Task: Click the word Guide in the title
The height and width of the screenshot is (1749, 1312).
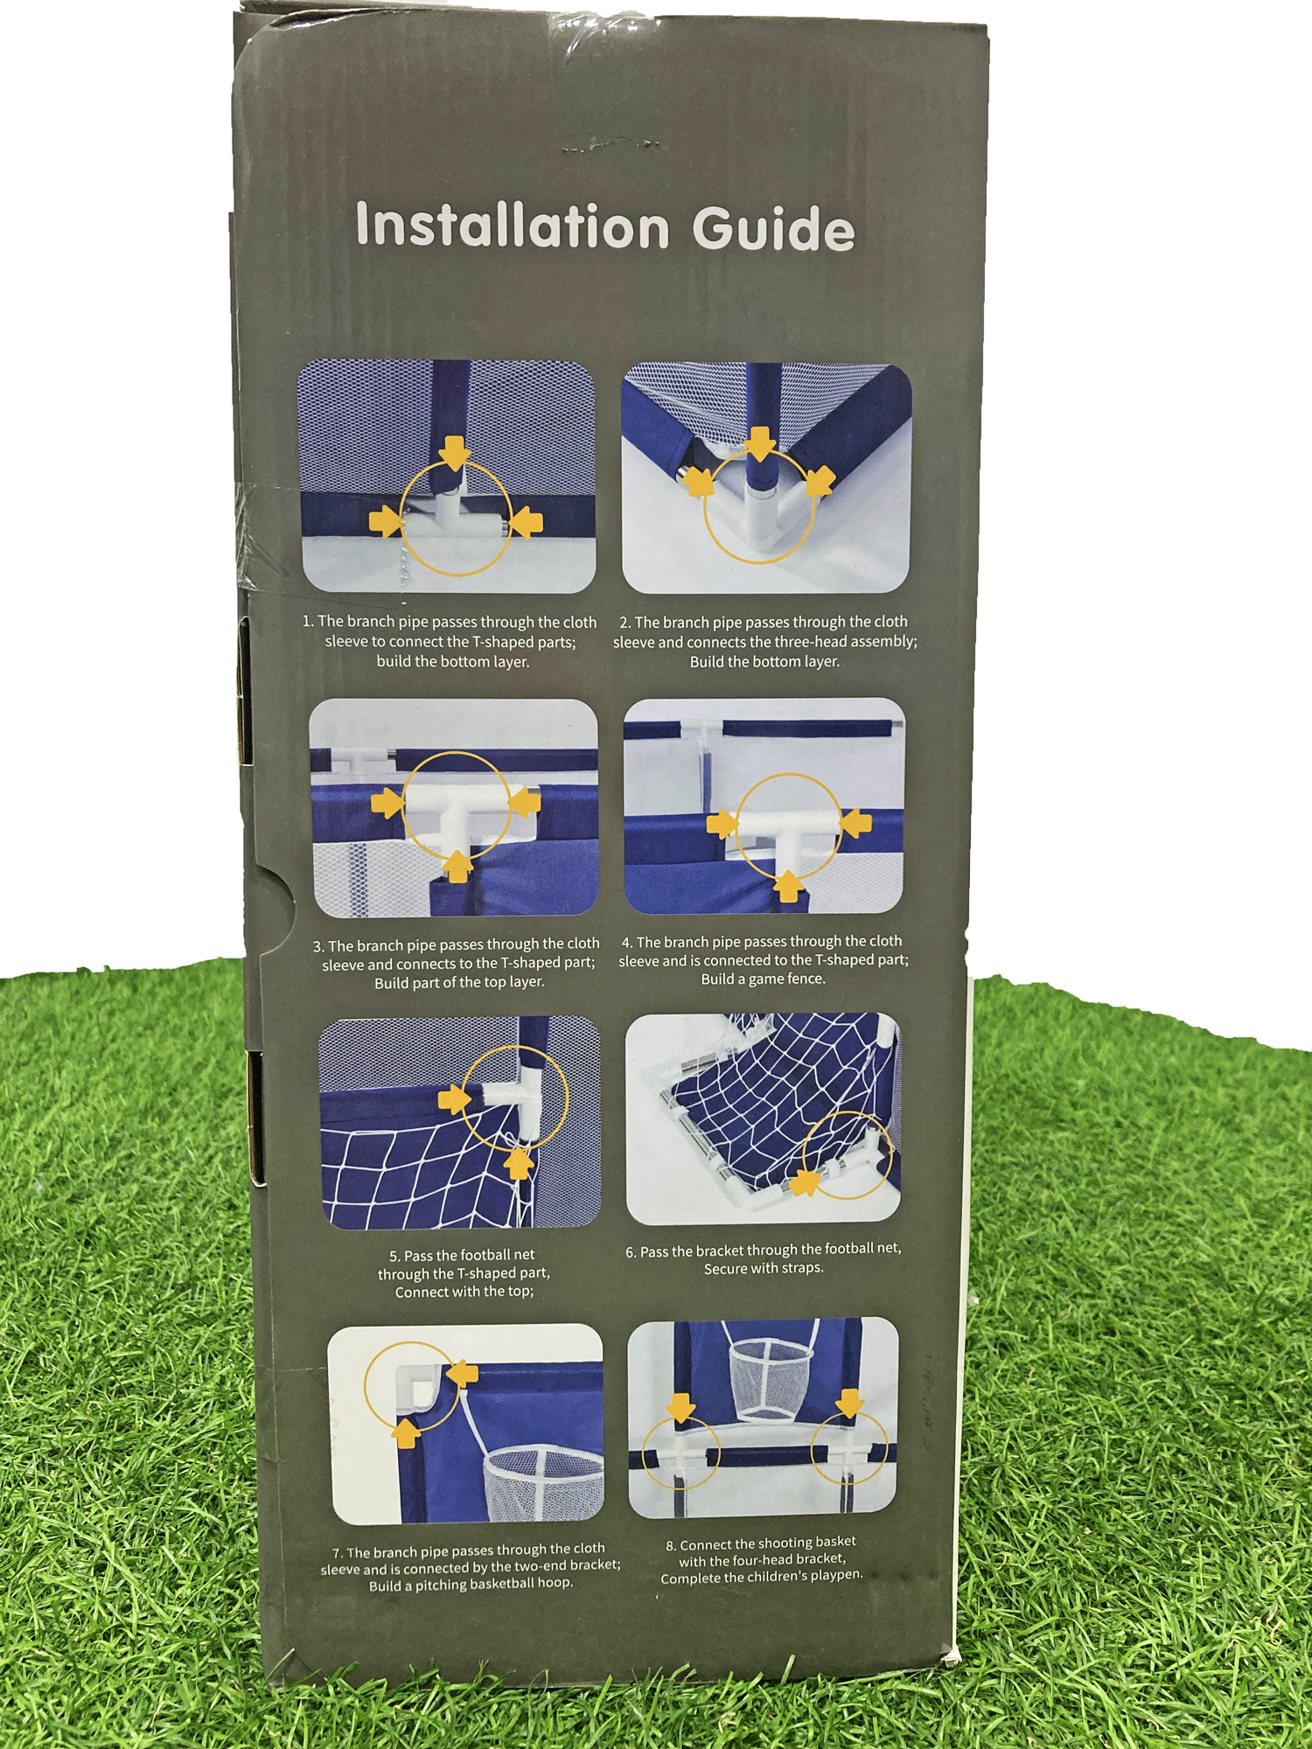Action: tap(773, 228)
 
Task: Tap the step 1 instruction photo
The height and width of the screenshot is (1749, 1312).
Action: tap(448, 477)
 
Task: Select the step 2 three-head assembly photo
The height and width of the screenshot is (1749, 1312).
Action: tap(766, 477)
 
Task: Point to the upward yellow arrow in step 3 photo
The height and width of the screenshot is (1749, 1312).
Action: tap(457, 867)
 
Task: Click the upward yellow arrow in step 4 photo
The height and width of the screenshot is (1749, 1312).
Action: tap(789, 885)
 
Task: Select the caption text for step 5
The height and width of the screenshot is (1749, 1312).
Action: tap(464, 1273)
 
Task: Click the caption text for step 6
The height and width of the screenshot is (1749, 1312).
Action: tap(763, 1258)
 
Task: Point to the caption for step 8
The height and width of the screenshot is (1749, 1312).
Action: tap(761, 1560)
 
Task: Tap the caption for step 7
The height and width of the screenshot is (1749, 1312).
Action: tap(471, 1568)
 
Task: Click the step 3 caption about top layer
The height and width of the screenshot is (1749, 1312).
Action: tap(459, 963)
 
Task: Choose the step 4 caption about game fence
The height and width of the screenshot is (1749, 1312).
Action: tap(764, 960)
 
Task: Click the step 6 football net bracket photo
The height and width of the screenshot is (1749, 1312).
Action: tap(763, 1118)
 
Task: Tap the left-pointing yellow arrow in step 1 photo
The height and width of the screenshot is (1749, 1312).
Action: tap(526, 523)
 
